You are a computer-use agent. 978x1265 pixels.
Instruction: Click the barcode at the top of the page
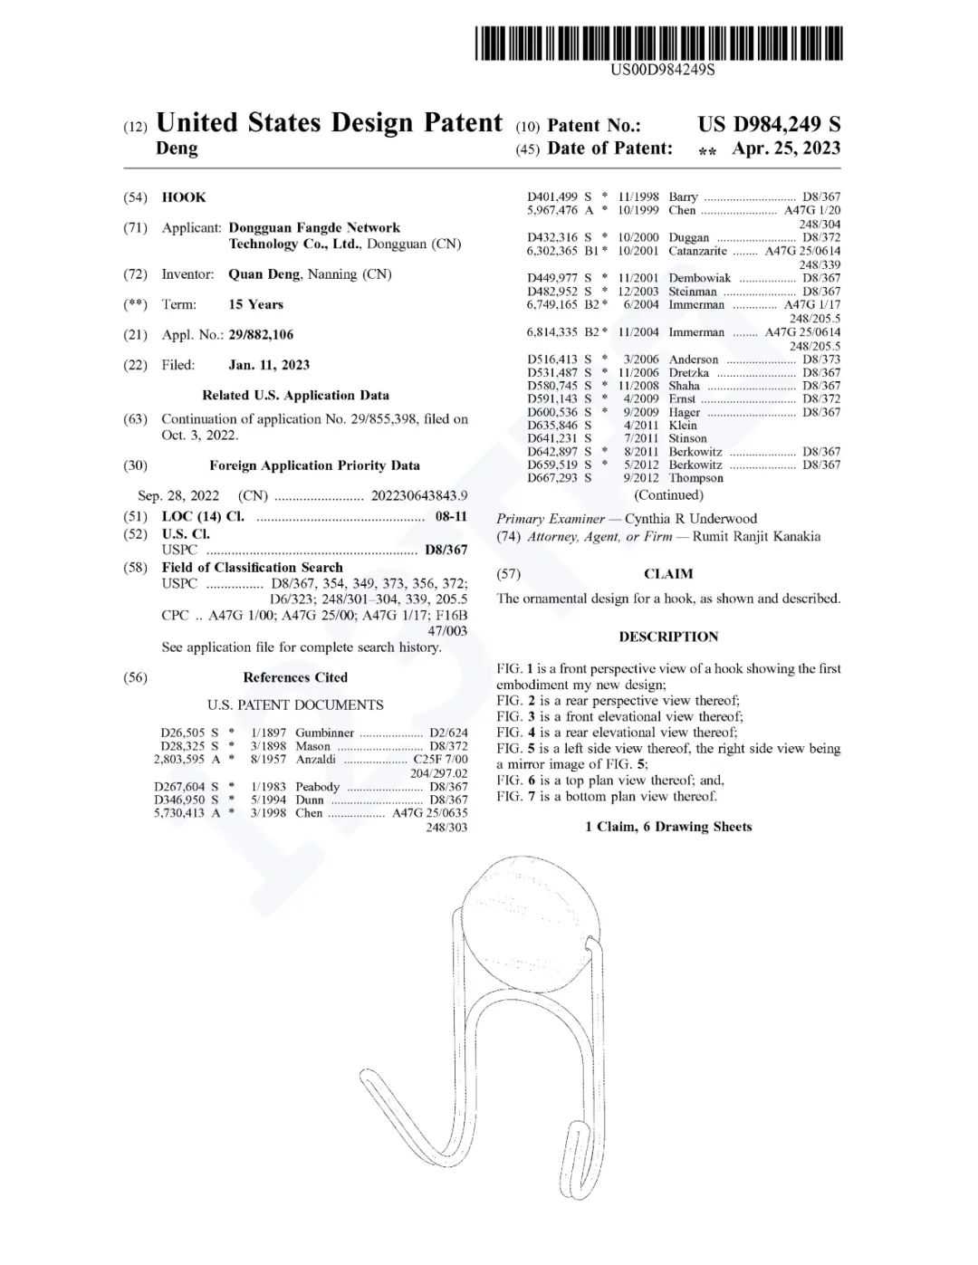658,43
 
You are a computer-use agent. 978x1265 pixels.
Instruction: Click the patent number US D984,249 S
768,125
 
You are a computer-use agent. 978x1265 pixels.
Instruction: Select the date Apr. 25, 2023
785,149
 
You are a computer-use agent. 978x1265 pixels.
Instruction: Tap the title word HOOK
184,197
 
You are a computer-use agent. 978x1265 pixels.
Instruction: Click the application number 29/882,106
261,335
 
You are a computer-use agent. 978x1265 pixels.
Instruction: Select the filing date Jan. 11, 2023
269,365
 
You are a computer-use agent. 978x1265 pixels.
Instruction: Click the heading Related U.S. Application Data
295,395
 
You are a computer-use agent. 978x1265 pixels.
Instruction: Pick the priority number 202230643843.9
419,495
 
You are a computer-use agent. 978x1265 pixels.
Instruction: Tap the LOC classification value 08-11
451,516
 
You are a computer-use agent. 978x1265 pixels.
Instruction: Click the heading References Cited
295,677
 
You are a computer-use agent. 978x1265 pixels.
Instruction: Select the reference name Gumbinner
324,733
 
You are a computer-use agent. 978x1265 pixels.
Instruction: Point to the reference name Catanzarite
699,251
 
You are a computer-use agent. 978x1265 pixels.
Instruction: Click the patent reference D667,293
553,478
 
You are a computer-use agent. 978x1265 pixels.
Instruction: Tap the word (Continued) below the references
668,495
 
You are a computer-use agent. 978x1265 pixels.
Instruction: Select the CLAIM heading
668,574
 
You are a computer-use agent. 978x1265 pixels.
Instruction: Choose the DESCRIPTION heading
668,637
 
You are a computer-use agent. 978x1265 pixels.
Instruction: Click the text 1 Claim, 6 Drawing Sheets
668,827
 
